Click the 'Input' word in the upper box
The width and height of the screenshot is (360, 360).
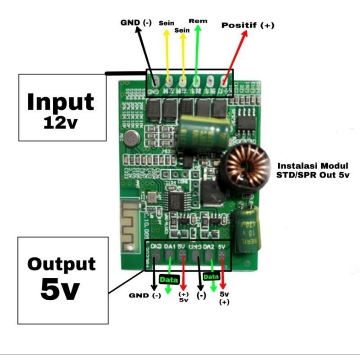[x=60, y=102]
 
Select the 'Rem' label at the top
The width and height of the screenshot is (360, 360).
[x=198, y=21]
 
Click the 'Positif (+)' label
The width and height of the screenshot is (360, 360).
[x=247, y=26]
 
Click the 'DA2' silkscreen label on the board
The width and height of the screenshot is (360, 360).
[x=208, y=247]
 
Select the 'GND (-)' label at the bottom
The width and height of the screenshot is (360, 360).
[x=144, y=296]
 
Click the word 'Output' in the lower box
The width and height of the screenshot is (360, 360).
[x=62, y=264]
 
